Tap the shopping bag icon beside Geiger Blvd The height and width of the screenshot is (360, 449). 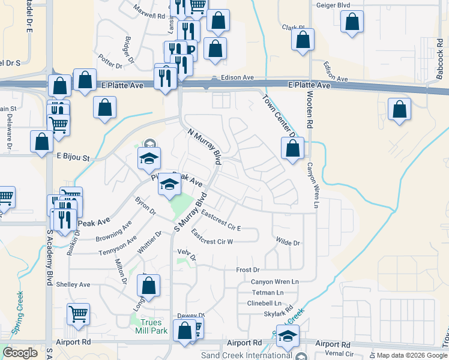(352, 22)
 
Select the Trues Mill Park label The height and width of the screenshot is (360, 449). (150, 326)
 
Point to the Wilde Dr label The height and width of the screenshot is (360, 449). (288, 242)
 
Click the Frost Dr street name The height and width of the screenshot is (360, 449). (247, 270)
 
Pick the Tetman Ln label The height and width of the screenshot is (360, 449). (268, 292)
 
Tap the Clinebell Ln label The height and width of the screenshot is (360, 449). (264, 303)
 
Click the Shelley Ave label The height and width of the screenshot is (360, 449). (73, 284)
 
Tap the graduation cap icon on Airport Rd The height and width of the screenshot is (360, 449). (288, 337)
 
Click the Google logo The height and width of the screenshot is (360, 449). (20, 353)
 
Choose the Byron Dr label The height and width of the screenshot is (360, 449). (145, 206)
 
